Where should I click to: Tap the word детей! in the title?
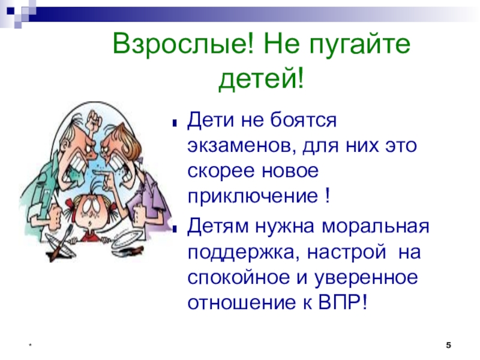[x=261, y=78]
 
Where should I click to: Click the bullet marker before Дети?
[x=175, y=124]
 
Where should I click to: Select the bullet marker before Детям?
[x=175, y=229]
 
